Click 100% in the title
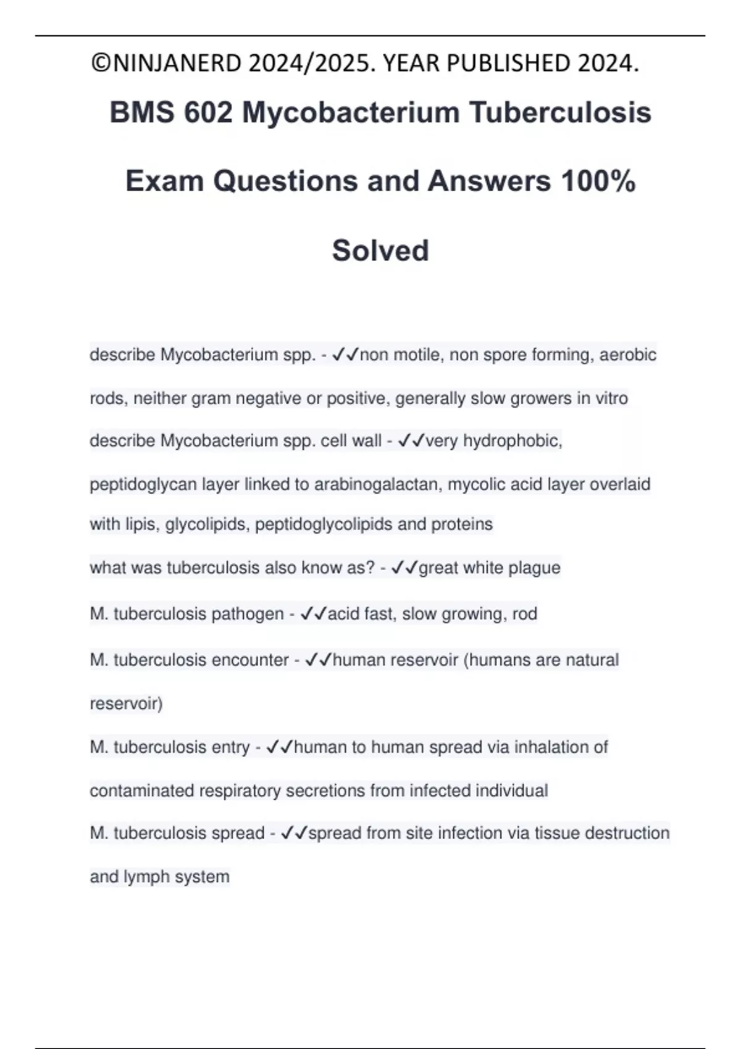[x=598, y=181]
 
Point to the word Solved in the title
[x=380, y=251]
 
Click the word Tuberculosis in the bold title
[x=560, y=113]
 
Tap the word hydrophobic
[x=512, y=441]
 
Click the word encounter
[x=250, y=660]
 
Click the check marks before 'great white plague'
[x=404, y=568]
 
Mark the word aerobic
[x=627, y=355]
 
